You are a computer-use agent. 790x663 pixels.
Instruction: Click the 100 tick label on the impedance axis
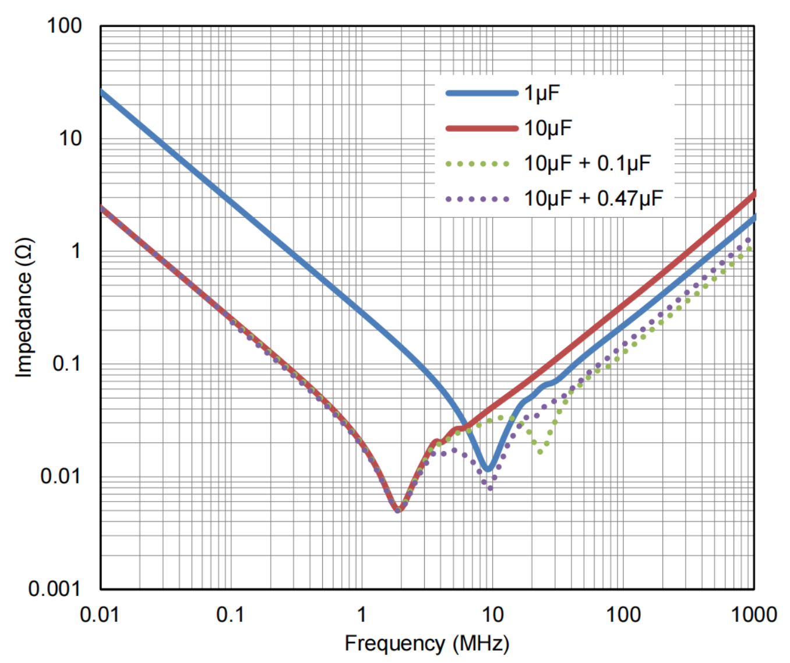(64, 26)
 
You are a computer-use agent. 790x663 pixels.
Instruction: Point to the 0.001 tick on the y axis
(55, 589)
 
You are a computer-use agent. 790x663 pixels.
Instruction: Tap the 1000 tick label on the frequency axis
(754, 615)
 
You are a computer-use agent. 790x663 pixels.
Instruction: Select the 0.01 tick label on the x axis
(100, 615)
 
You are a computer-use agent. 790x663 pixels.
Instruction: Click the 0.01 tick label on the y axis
(60, 477)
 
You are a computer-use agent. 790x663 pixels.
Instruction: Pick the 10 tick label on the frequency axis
(492, 615)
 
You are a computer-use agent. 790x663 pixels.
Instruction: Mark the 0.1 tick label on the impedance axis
(67, 364)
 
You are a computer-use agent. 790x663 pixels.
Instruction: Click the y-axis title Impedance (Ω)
(24, 308)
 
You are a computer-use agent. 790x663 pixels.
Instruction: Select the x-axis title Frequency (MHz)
(427, 644)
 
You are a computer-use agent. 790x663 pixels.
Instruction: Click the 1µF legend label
(542, 93)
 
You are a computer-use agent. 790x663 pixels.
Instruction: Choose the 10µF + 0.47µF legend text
(593, 199)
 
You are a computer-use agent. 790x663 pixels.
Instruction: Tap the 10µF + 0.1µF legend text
(587, 164)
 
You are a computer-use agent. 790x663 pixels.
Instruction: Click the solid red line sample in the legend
(481, 129)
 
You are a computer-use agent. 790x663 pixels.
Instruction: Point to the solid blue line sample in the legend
(481, 93)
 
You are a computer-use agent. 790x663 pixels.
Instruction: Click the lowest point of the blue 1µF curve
(488, 468)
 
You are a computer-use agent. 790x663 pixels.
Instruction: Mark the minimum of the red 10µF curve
(398, 510)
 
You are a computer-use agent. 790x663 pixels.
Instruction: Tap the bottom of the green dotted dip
(540, 452)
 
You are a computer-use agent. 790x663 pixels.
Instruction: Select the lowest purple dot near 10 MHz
(490, 488)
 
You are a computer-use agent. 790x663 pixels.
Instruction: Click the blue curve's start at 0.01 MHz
(101, 91)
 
